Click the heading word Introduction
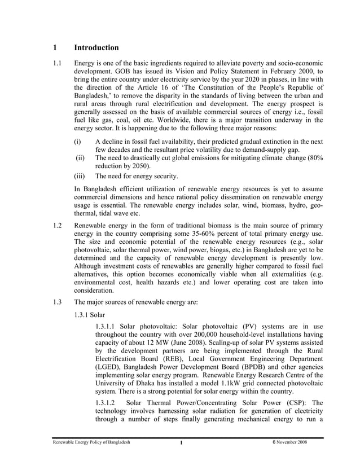click(x=96, y=48)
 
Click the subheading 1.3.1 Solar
click(x=90, y=314)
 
